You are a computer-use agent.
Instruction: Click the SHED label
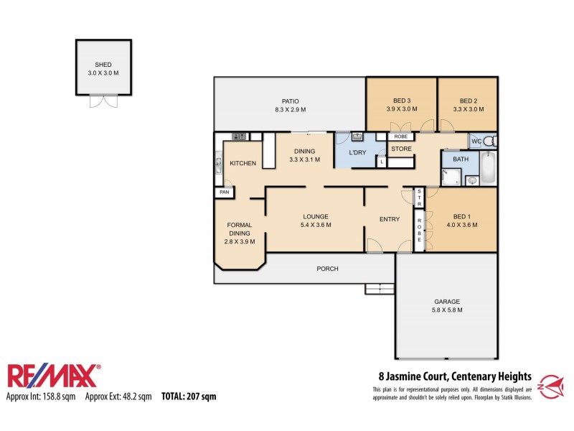tap(103, 65)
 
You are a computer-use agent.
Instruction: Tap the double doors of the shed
tap(103, 101)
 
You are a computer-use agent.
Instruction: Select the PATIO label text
tap(290, 101)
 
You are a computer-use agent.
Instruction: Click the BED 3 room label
tap(401, 101)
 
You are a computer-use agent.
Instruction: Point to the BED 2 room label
tap(468, 101)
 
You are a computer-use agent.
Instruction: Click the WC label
tap(476, 141)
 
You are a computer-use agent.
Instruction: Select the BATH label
tap(460, 159)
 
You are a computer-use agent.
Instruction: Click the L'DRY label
tap(358, 154)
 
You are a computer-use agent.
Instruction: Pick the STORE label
tap(401, 149)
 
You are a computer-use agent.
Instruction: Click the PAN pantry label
tap(224, 192)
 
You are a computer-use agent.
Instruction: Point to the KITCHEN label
tap(243, 164)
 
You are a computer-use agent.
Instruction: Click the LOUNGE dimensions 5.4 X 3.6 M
tap(316, 225)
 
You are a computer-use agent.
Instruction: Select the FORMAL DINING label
tap(239, 229)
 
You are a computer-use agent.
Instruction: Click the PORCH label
tap(327, 269)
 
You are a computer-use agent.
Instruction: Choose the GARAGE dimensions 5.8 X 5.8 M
tap(446, 310)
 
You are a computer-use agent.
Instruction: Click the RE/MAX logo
tap(54, 376)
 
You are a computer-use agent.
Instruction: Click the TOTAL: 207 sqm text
tap(189, 396)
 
